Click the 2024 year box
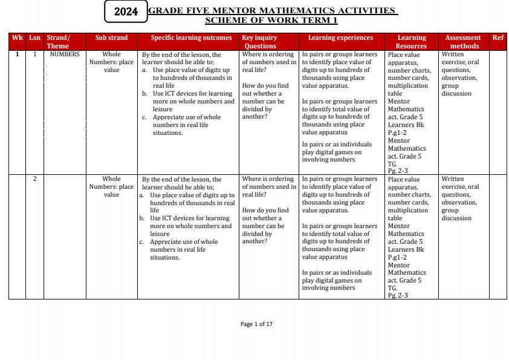point(126,11)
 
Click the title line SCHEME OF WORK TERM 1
point(271,21)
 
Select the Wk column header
point(18,38)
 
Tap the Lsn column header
point(35,38)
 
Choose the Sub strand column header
point(111,38)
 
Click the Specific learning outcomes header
point(191,38)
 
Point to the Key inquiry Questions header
point(260,42)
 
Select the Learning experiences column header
point(340,38)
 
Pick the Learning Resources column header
point(411,42)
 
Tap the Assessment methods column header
point(462,42)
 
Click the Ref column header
point(498,38)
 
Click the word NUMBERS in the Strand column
point(65,54)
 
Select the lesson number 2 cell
point(35,179)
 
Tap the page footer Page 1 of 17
point(256,324)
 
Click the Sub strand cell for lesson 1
point(111,62)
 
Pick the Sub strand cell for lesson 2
point(111,187)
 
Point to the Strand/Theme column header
point(58,42)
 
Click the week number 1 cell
point(18,54)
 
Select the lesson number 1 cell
point(35,54)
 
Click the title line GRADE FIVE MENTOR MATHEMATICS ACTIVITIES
point(272,11)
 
